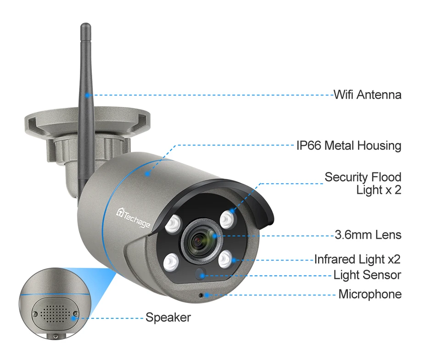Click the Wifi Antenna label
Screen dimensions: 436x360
pos(367,95)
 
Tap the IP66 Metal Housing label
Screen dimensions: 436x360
pos(348,146)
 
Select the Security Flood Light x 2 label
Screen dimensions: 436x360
pos(363,183)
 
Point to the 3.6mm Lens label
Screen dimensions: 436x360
pos(368,235)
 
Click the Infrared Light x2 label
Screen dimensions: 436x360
pos(357,259)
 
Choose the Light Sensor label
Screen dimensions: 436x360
pos(367,275)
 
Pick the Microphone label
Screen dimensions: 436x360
pos(369,294)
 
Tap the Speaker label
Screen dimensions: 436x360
pos(168,317)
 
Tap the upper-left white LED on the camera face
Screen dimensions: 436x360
pos(172,223)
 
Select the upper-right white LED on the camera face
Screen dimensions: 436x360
pos(226,218)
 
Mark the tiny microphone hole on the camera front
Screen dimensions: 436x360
pos(201,294)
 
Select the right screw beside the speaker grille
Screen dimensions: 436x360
pos(75,313)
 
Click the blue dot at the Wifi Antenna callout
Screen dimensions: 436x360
pos(90,95)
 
